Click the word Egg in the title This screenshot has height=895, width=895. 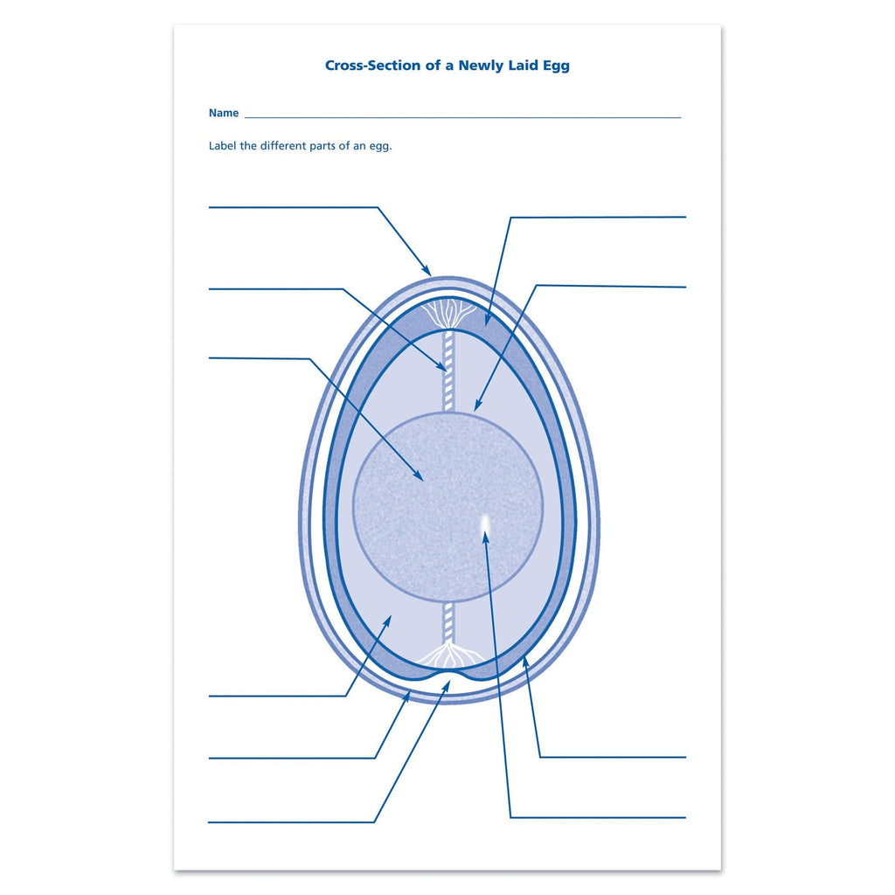pos(555,66)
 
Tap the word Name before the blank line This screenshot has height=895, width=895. pos(223,113)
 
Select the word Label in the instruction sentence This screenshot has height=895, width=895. pos(223,146)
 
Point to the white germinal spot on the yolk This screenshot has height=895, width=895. pos(486,523)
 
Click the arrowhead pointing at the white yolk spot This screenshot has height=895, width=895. pos(486,537)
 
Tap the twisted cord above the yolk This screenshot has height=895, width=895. pos(448,370)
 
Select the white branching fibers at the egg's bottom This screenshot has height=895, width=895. pos(448,654)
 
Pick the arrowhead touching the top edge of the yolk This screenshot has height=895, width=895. pos(478,406)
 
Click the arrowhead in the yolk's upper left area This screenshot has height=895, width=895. pos(417,475)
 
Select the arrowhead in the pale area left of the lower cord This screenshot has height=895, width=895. pos(387,621)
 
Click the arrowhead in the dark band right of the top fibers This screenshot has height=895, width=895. pos(489,320)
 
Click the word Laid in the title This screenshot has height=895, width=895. pos(522,65)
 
